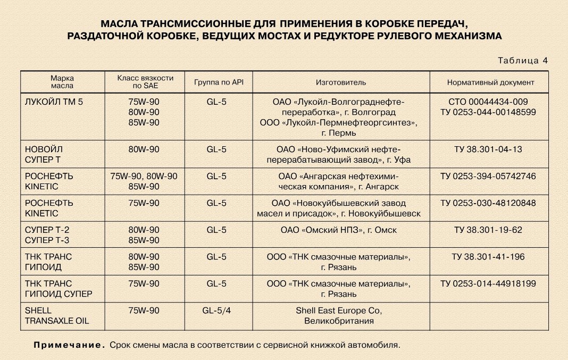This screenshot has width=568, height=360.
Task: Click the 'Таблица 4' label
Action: [523, 61]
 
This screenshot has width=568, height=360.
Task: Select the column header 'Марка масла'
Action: [62, 81]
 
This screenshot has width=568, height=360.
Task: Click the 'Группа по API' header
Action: [218, 82]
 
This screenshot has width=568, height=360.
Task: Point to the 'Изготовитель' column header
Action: [341, 82]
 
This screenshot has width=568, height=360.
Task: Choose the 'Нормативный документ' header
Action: [490, 82]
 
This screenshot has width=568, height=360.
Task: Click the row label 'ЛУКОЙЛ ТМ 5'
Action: [54, 101]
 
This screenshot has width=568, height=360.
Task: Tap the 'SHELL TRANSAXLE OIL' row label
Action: [57, 315]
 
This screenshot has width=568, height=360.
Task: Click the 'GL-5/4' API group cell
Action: [216, 310]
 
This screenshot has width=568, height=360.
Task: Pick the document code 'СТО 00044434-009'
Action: [488, 101]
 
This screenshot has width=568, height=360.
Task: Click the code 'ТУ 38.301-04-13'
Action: [488, 149]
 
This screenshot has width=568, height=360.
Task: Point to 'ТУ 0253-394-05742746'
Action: [488, 176]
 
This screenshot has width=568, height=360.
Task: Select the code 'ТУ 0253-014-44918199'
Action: [488, 283]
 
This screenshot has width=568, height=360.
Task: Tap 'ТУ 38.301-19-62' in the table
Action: [488, 230]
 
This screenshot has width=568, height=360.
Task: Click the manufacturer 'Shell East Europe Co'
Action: [339, 310]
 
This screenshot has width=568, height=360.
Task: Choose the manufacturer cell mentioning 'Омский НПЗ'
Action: [339, 230]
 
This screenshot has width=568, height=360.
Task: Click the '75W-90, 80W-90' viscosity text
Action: [144, 176]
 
